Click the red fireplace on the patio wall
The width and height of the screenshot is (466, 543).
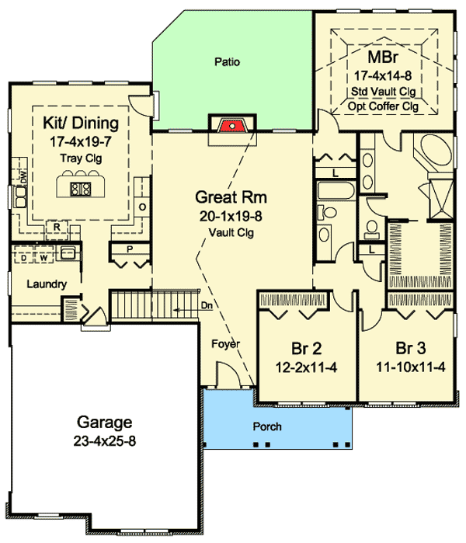click(x=229, y=125)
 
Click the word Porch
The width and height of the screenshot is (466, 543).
click(x=266, y=426)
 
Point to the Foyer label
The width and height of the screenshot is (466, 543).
click(x=227, y=343)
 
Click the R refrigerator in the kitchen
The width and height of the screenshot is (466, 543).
click(x=57, y=226)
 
